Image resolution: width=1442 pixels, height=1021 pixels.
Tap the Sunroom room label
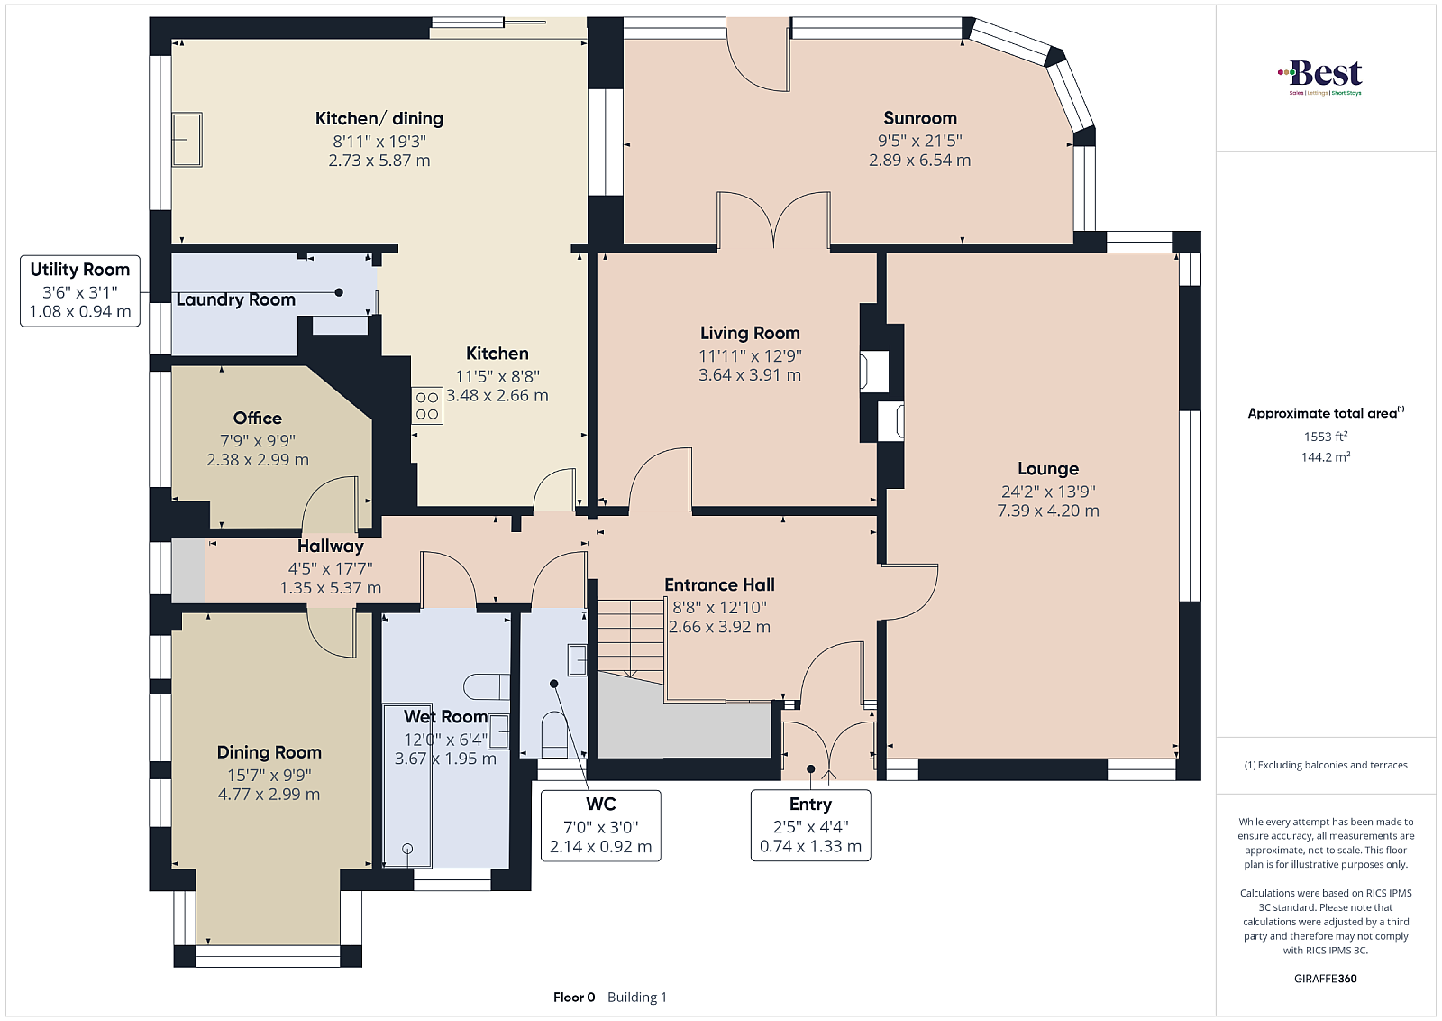coord(920,118)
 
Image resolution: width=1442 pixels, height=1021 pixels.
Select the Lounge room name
coord(1048,468)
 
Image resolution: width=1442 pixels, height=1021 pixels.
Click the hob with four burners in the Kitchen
coord(427,405)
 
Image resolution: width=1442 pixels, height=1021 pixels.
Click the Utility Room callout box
coord(80,290)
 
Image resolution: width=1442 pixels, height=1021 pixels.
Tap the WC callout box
coord(600,825)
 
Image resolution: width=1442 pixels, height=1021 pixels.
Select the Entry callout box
coord(810,825)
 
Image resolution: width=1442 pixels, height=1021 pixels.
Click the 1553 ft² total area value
coord(1326,437)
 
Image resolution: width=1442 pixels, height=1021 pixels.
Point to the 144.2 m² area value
coord(1326,456)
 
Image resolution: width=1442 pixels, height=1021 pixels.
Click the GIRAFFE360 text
coord(1326,979)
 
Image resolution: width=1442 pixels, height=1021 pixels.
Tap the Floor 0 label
coord(574,998)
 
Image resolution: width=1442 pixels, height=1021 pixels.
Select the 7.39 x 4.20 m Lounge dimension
coord(1048,510)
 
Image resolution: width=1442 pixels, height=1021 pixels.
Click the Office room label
coord(258,419)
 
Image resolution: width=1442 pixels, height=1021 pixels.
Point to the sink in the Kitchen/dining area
coord(187,140)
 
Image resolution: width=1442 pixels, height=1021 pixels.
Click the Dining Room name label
coord(269,752)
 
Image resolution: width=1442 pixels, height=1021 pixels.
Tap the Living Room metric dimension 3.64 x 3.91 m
coord(750,375)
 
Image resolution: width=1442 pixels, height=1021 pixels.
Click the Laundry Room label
coord(235,299)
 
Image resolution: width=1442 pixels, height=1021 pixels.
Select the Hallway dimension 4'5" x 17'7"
coord(330,568)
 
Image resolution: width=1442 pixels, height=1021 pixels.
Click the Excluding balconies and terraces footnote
coord(1326,765)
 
